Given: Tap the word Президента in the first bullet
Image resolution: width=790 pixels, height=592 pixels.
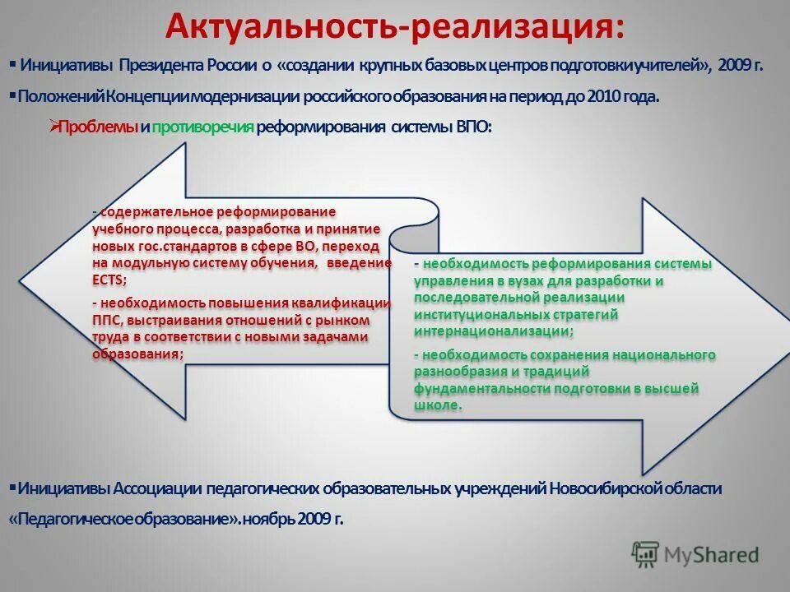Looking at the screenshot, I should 170,65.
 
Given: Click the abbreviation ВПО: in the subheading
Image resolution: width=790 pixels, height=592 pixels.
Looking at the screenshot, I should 473,127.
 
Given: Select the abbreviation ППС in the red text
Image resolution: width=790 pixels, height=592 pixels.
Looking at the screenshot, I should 107,319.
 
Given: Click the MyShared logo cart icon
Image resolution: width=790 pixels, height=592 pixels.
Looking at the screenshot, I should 645,554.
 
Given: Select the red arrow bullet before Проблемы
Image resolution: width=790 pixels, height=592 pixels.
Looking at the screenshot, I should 54,127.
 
